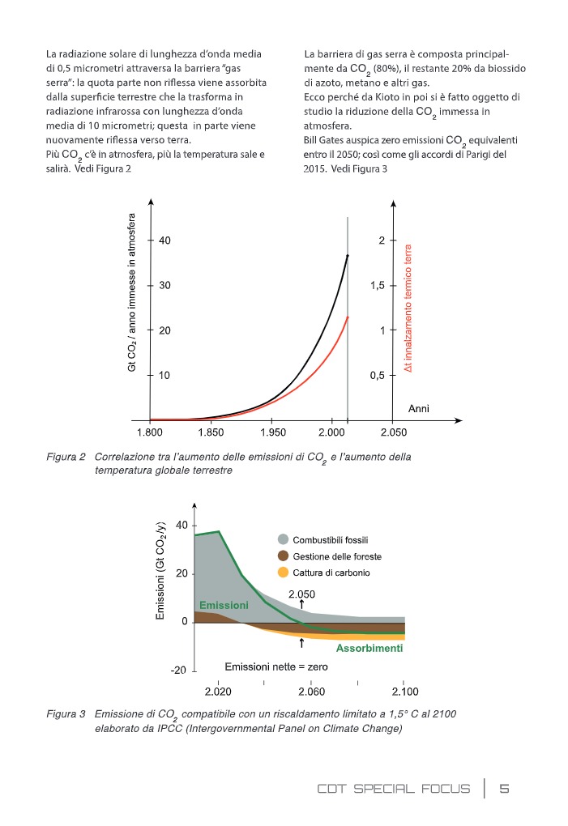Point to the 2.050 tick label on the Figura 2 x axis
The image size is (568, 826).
(394, 433)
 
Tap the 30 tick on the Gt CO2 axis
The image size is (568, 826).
(165, 286)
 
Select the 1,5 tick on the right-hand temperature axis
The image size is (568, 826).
(377, 286)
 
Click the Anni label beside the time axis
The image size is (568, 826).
(419, 409)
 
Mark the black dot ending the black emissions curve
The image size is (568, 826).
(348, 256)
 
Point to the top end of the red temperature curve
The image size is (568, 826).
(348, 317)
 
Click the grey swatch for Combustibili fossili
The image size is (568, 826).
(283, 539)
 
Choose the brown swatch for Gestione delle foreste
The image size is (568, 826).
(283, 556)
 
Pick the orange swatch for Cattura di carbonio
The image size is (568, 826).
(283, 573)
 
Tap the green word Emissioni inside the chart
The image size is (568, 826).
(224, 606)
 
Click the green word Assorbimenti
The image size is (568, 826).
(369, 649)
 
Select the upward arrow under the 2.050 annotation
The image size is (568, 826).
(301, 603)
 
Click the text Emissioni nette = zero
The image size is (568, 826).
(275, 666)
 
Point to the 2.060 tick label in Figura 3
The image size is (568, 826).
(311, 692)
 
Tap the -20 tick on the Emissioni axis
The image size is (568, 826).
(178, 671)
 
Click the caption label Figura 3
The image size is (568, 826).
(66, 714)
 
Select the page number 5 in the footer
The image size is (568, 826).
(504, 789)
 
